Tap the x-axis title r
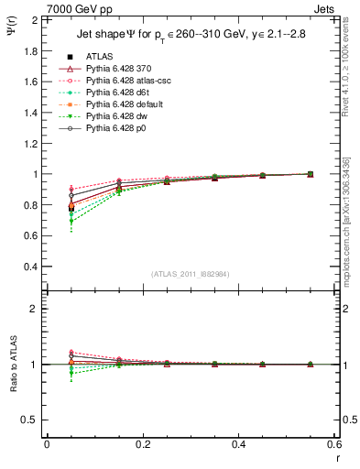(336, 457)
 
